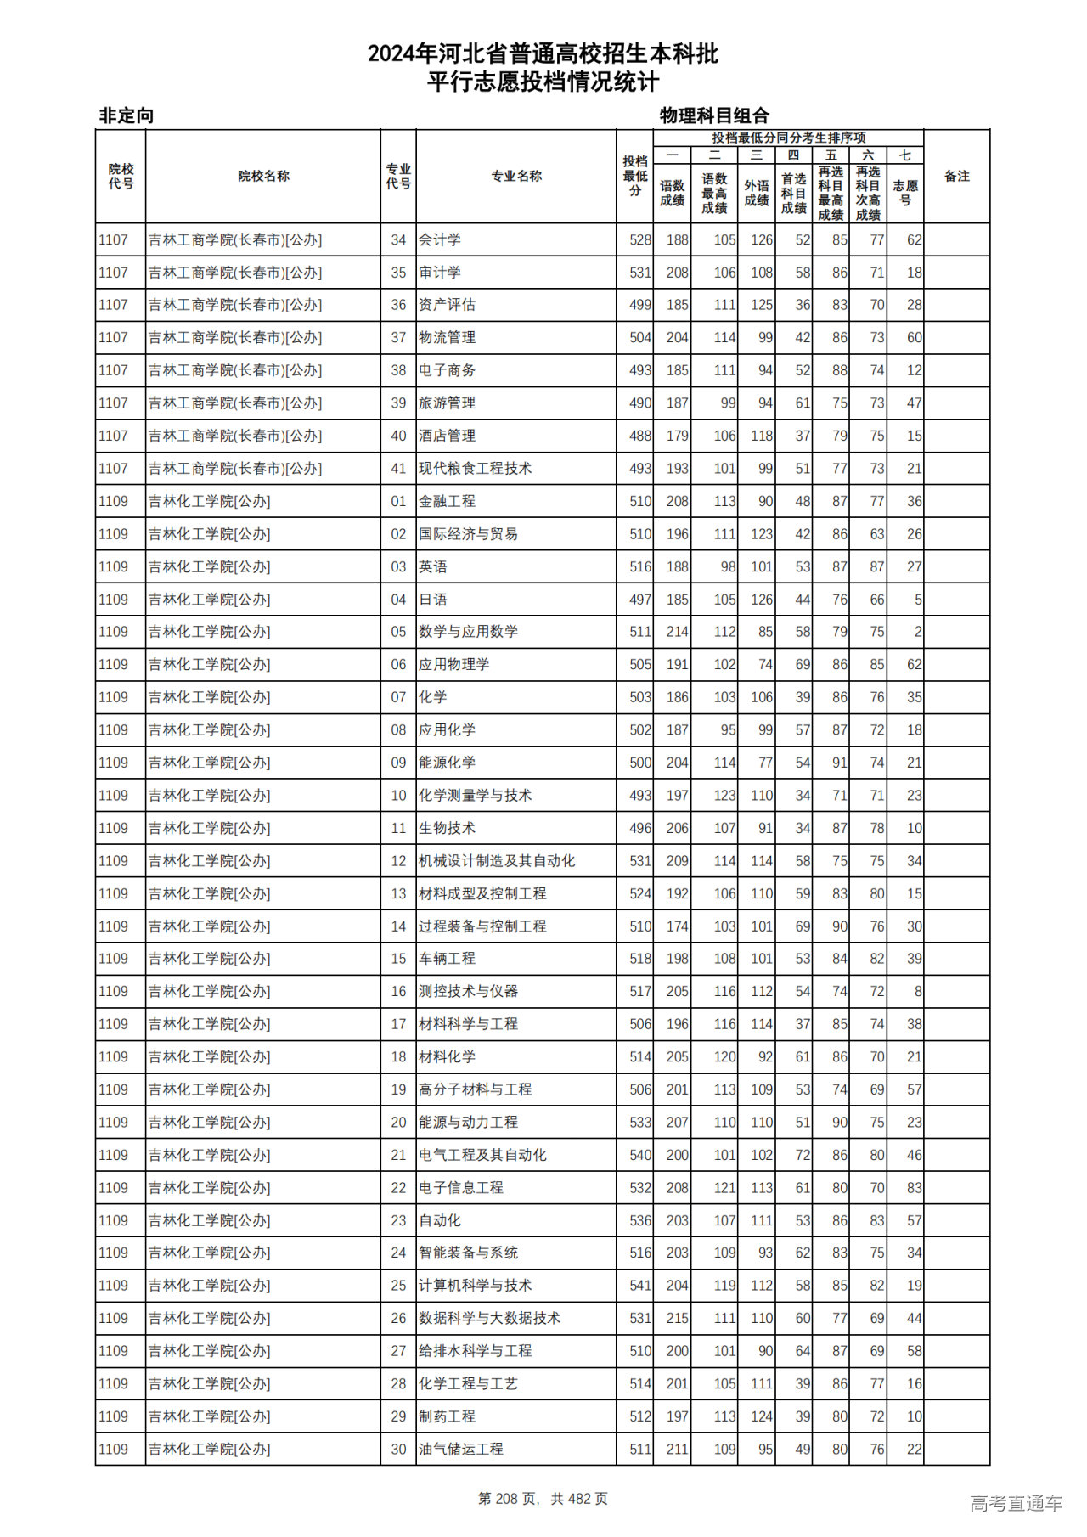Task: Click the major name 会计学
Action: [x=439, y=240]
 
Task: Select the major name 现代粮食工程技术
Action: [x=475, y=469]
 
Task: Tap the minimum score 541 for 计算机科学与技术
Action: [x=640, y=1286]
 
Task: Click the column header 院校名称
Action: [x=263, y=177]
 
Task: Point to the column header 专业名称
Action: [x=516, y=177]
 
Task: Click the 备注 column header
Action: [x=956, y=177]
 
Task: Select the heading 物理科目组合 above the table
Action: [x=714, y=115]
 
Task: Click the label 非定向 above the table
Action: [x=127, y=115]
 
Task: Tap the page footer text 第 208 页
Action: [x=510, y=1499]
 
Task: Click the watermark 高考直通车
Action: [x=1016, y=1503]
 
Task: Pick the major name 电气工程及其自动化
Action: [x=482, y=1155]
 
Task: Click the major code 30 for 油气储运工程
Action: [x=398, y=1450]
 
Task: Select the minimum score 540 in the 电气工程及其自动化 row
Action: [x=640, y=1155]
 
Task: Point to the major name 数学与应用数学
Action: [x=468, y=632]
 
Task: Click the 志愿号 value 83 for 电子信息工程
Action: [x=914, y=1188]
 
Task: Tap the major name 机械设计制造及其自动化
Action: [x=497, y=861]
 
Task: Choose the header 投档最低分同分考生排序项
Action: [x=788, y=138]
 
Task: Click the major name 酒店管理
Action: [x=447, y=436]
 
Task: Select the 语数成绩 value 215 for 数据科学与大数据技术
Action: [x=677, y=1319]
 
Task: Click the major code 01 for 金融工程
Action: [x=398, y=502]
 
